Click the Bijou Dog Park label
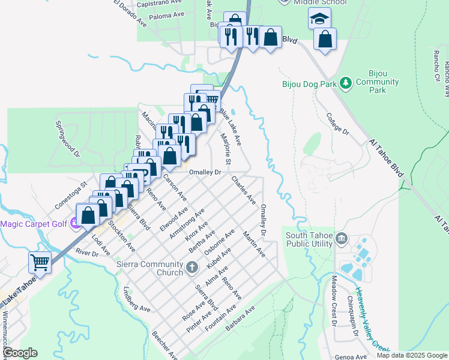coord(309,84)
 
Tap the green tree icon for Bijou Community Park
coord(345,82)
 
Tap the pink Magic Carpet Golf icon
coord(75,224)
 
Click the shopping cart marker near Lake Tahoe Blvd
coord(40,262)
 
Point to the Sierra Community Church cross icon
coord(191,267)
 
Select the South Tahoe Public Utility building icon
coord(342,239)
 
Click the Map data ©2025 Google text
coord(412,355)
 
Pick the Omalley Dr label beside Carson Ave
coord(205,172)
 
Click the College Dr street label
coord(337,123)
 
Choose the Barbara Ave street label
coord(241,319)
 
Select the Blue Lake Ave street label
coord(230,127)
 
